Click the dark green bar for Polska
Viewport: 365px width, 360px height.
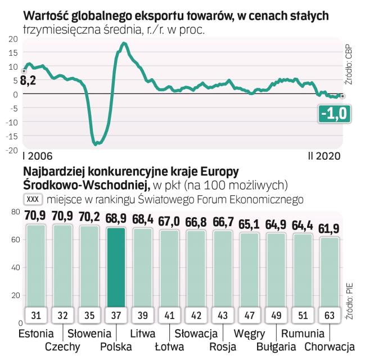coord(116,264)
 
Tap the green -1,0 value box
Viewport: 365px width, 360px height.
coord(334,115)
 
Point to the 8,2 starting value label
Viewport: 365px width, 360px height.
coord(28,81)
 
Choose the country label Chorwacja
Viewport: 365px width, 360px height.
coord(330,346)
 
